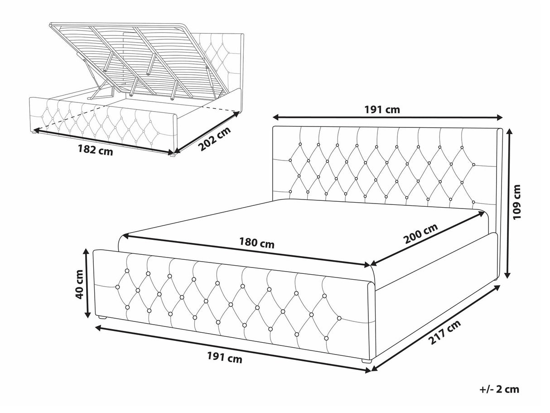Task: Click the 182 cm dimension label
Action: pyautogui.click(x=96, y=150)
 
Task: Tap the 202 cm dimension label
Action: pyautogui.click(x=215, y=139)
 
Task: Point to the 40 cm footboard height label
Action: pyautogui.click(x=79, y=285)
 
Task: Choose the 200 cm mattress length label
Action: pyautogui.click(x=421, y=233)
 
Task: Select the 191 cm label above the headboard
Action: pyautogui.click(x=382, y=110)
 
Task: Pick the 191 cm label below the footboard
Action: pyautogui.click(x=225, y=358)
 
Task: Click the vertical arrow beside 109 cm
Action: pyautogui.click(x=508, y=204)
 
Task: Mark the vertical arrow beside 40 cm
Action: pyautogui.click(x=87, y=283)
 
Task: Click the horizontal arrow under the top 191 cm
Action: pyautogui.click(x=388, y=117)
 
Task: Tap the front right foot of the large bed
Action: pyautogui.click(x=367, y=361)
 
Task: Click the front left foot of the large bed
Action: pyautogui.click(x=102, y=318)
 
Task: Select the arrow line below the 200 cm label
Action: pyautogui.click(x=427, y=238)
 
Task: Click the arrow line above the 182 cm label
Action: pyautogui.click(x=104, y=141)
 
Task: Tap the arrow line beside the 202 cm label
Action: pyautogui.click(x=207, y=132)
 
